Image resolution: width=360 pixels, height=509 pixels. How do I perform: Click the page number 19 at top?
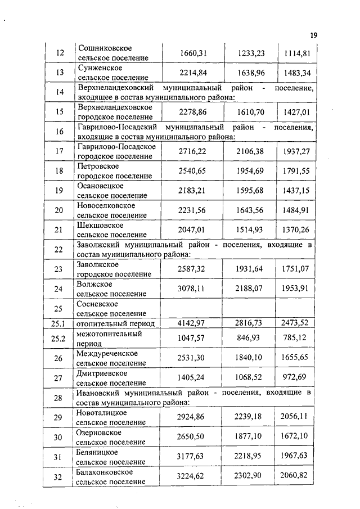click(313, 35)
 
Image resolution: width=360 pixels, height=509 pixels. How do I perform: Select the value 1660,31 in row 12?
click(194, 53)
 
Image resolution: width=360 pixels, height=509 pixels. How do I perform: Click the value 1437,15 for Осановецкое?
click(296, 191)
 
